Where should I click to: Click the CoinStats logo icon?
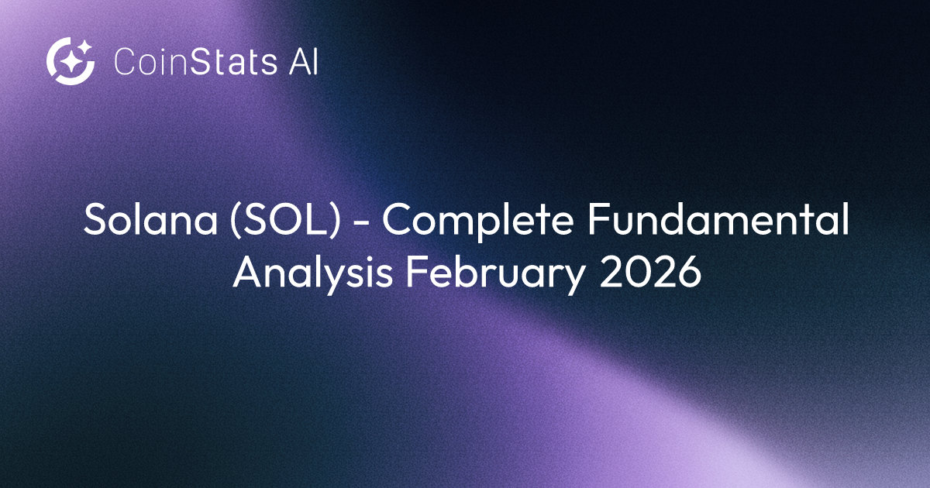click(71, 60)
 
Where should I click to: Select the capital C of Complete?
click(397, 223)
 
